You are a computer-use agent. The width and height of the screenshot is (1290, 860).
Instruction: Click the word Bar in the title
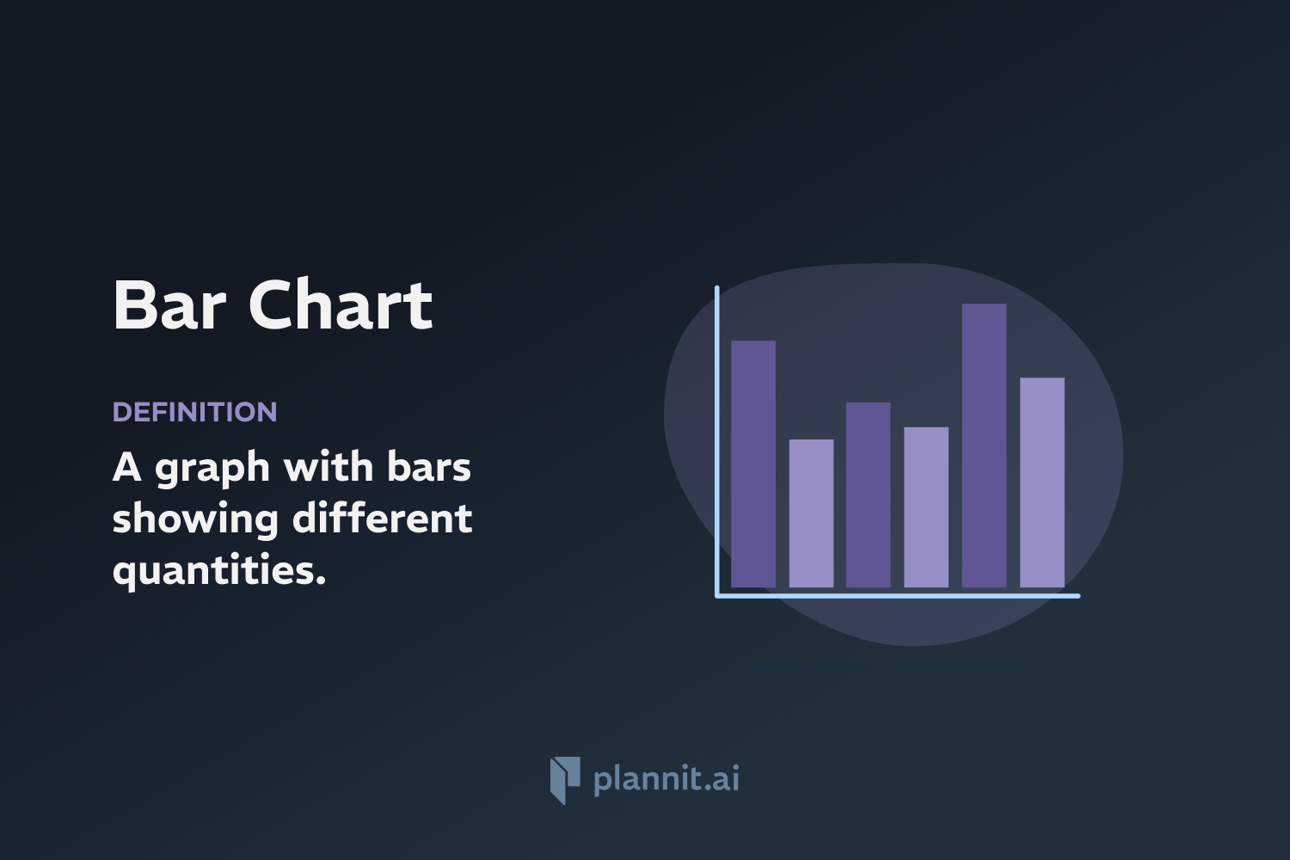click(x=169, y=305)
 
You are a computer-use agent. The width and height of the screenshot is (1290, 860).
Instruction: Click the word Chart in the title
click(x=341, y=305)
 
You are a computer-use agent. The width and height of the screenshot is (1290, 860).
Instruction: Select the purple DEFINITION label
click(x=194, y=412)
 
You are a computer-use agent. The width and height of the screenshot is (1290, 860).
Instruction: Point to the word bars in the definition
click(x=428, y=467)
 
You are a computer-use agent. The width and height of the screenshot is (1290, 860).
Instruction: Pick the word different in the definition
click(x=382, y=518)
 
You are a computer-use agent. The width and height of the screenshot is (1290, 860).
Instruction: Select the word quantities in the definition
click(x=219, y=570)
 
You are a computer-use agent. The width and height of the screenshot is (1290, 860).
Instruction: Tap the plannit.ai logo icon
click(x=565, y=780)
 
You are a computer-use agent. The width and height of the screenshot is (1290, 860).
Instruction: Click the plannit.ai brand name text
click(x=666, y=778)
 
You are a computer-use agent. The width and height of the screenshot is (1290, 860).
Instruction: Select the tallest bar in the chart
click(x=984, y=445)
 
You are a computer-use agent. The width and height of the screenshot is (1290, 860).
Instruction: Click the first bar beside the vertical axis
click(x=753, y=464)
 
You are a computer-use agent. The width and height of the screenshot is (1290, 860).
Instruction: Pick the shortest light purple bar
click(x=811, y=513)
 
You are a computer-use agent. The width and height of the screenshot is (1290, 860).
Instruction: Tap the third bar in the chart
click(x=868, y=494)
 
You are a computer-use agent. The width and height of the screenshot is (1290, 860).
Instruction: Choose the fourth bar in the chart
click(x=926, y=507)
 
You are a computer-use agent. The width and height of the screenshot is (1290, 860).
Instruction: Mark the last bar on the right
click(x=1042, y=482)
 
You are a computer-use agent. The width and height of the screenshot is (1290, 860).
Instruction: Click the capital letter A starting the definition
click(x=126, y=468)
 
